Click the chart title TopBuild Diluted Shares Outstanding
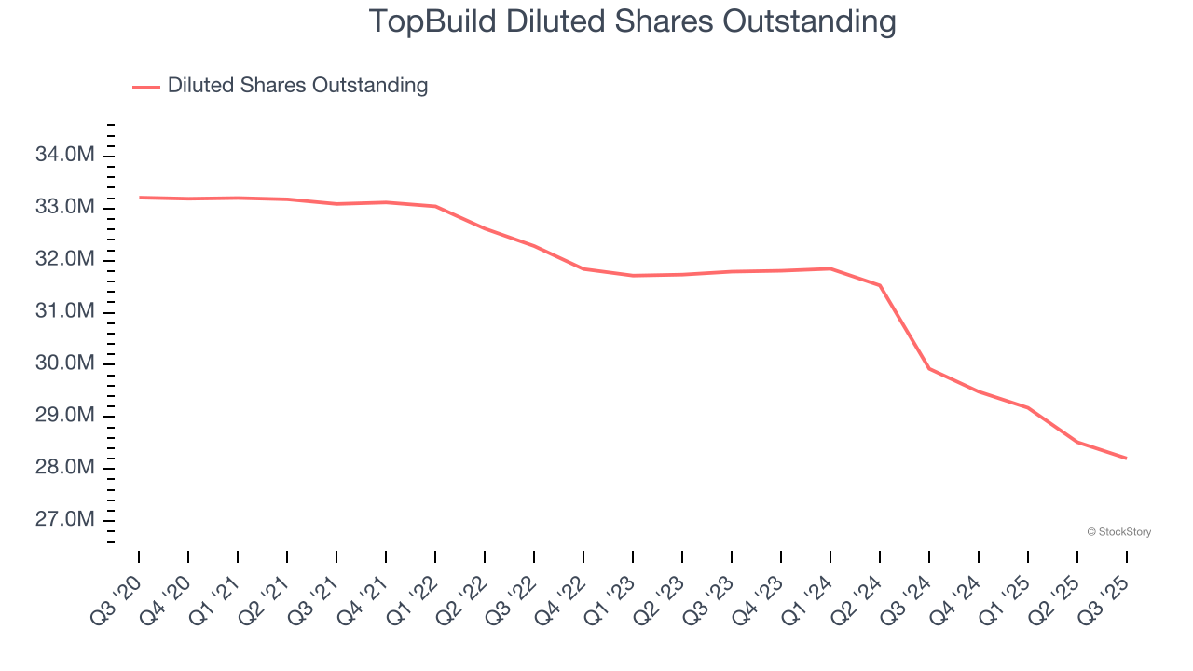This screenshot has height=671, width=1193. coord(632,21)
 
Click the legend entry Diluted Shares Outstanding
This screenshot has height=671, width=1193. coord(296,86)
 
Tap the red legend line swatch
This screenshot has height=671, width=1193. coord(146,87)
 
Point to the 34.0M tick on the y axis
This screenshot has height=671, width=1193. coord(65,155)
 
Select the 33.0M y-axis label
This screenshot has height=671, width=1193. coord(65,207)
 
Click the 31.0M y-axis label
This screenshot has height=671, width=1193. coord(65,311)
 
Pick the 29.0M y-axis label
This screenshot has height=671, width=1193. coord(65,416)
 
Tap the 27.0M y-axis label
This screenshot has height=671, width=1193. coord(65,520)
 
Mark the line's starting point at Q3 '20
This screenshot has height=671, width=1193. coord(139,198)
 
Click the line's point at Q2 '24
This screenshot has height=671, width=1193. coord(880,285)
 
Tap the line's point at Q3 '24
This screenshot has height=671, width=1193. coord(929,369)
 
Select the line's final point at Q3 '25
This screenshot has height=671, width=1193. coord(1127,458)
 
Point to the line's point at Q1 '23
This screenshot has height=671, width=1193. coord(633,276)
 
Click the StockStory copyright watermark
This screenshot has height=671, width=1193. coord(1118,532)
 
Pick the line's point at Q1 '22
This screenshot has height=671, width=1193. coord(435,206)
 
